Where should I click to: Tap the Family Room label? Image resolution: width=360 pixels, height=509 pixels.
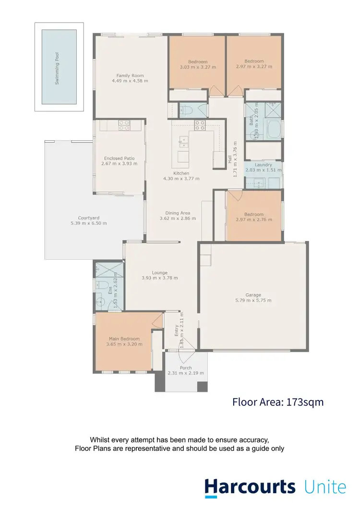tap(130, 75)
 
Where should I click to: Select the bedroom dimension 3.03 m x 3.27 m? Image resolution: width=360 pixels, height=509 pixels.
tap(197, 67)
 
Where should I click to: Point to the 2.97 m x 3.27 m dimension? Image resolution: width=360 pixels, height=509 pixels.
tap(254, 67)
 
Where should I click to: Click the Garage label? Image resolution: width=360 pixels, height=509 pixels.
tap(253, 295)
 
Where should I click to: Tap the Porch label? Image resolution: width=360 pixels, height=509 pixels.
tap(185, 368)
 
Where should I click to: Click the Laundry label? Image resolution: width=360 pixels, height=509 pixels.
tap(264, 165)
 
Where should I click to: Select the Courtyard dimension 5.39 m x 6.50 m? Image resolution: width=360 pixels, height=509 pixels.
tap(88, 223)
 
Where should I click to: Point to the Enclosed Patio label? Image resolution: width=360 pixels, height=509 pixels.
tap(119, 158)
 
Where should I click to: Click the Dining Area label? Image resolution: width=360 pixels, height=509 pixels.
tap(178, 213)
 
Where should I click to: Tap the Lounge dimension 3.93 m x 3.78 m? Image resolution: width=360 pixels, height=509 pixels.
tap(159, 278)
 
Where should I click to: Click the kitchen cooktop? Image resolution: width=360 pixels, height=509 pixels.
tap(200, 125)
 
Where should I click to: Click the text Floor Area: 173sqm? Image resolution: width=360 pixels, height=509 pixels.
tap(278, 402)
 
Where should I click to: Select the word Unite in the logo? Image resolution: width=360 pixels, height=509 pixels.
tap(325, 486)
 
